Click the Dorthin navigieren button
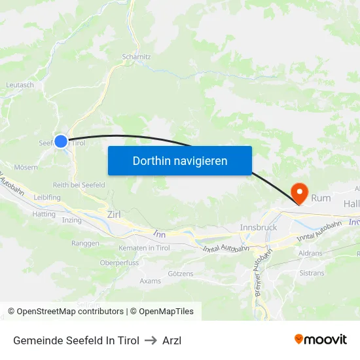point(180,160)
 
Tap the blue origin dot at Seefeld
point(61,141)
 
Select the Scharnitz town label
point(137,57)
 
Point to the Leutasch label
point(20,85)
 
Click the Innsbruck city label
point(259,227)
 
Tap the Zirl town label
point(114,214)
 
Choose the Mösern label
point(26,167)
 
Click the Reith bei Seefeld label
point(79,185)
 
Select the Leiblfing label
point(47,197)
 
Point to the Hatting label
point(44,214)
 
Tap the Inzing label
point(72,220)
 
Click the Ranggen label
point(85,243)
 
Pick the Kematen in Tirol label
point(144,248)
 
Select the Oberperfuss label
point(119,263)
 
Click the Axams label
point(150,281)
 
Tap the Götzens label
point(181,273)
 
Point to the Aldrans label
point(310,253)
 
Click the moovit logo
point(321,339)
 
